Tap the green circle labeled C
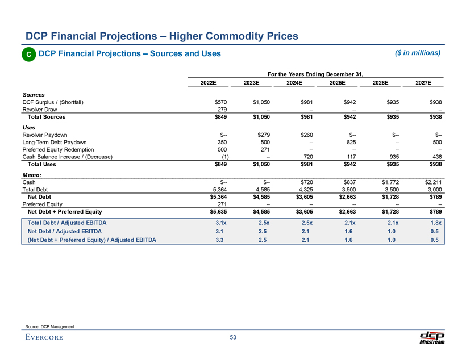[x=28, y=54]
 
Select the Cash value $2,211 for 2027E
[x=431, y=182]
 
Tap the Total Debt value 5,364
[x=218, y=189]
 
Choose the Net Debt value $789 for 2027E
[x=435, y=196]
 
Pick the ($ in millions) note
[x=418, y=53]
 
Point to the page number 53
[x=233, y=338]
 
